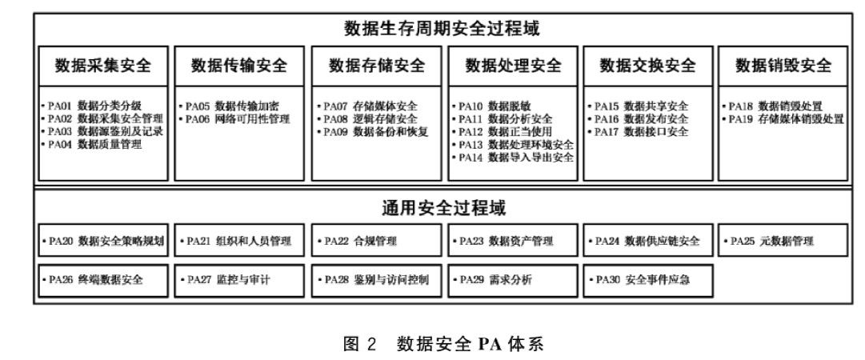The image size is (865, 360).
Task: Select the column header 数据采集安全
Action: pyautogui.click(x=103, y=66)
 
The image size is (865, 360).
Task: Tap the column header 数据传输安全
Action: pyautogui.click(x=238, y=66)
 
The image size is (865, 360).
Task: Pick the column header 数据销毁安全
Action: pyautogui.click(x=783, y=66)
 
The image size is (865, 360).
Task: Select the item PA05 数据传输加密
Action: pyautogui.click(x=234, y=106)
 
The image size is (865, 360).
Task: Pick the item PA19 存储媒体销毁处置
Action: pyautogui.click(x=785, y=118)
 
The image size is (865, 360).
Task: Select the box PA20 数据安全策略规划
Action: pyautogui.click(x=104, y=241)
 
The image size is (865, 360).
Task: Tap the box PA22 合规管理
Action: pyautogui.click(x=376, y=241)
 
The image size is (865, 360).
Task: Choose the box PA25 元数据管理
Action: pyautogui.click(x=784, y=241)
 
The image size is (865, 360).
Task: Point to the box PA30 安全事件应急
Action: pyautogui.click(x=648, y=281)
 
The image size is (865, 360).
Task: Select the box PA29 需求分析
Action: pyautogui.click(x=512, y=281)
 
